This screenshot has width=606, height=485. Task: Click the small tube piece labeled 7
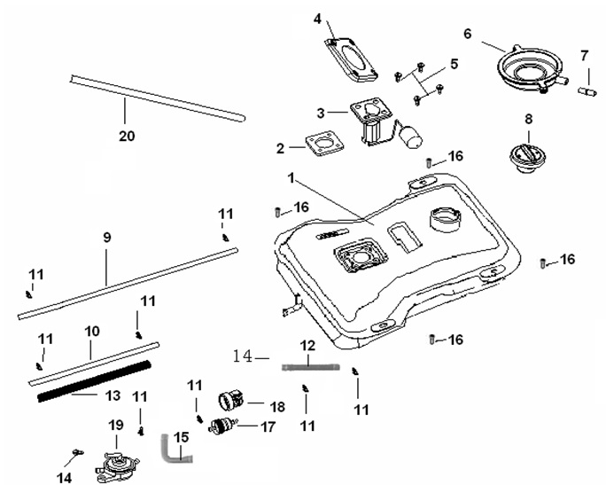tap(585, 89)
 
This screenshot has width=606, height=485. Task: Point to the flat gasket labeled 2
tap(321, 145)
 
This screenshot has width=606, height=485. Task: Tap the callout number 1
tap(291, 178)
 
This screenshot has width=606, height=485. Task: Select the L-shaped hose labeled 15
tap(175, 448)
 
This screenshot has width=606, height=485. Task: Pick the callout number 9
tap(107, 238)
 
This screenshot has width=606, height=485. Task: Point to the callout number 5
tap(454, 64)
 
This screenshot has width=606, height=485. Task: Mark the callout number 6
tap(467, 34)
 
